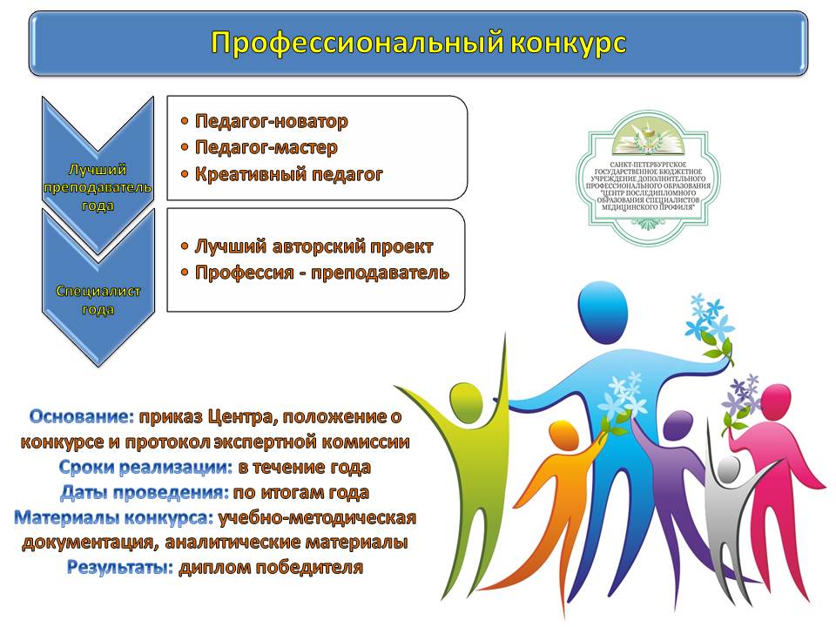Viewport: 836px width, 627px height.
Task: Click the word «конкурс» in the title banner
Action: click(x=569, y=43)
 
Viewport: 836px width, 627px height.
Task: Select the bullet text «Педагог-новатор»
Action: click(x=272, y=122)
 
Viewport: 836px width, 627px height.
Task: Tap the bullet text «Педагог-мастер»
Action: click(x=266, y=148)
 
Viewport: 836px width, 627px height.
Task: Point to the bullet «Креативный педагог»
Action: click(x=288, y=174)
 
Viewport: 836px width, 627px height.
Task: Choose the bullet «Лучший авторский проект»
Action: click(x=313, y=246)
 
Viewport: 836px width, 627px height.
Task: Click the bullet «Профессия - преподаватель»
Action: click(x=322, y=273)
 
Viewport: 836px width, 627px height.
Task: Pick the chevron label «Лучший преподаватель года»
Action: click(x=98, y=187)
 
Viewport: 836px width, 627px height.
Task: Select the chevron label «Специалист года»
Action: click(x=98, y=300)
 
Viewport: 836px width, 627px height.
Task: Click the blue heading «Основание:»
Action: click(x=82, y=416)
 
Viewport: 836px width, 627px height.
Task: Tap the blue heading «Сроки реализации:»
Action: click(x=145, y=468)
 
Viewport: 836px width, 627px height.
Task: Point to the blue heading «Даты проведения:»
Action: click(x=145, y=493)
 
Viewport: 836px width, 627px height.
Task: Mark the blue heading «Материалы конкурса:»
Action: click(x=113, y=517)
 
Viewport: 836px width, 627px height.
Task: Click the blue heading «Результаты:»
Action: click(x=120, y=567)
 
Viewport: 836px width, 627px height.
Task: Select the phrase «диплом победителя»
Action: click(x=271, y=567)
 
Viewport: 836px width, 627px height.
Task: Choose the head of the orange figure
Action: click(x=563, y=436)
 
